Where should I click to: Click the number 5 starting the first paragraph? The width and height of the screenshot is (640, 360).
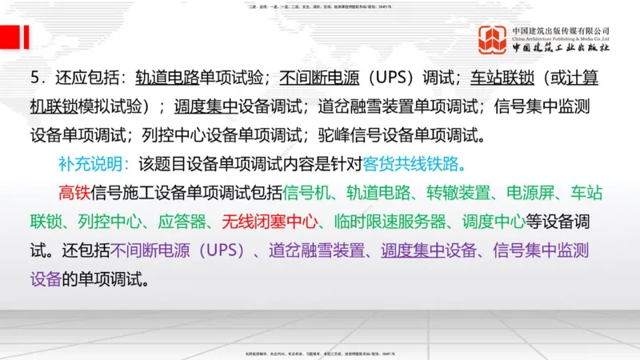pyautogui.click(x=36, y=78)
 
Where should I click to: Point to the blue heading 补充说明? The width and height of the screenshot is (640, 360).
pyautogui.click(x=90, y=164)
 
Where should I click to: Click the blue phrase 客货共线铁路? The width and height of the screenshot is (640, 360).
pyautogui.click(x=414, y=164)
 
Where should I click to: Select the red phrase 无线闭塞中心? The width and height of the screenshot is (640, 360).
pyautogui.click(x=272, y=222)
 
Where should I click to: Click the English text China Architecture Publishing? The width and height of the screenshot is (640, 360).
pyautogui.click(x=561, y=38)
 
